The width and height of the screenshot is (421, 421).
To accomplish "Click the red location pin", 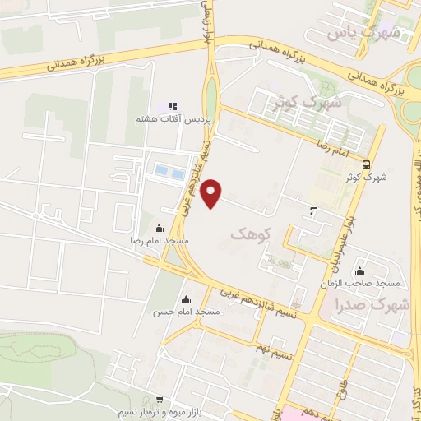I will (x=212, y=192).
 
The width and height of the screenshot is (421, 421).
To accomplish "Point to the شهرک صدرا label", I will (x=372, y=305).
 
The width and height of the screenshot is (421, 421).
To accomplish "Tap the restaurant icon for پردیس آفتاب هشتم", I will (x=173, y=106).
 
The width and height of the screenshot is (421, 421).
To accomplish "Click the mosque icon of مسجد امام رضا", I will (x=159, y=228).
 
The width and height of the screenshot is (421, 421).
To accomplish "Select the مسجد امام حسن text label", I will (x=186, y=312).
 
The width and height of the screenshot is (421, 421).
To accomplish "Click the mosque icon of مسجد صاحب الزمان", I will (x=359, y=271).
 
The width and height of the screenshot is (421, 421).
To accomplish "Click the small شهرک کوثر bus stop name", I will (x=377, y=176).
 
